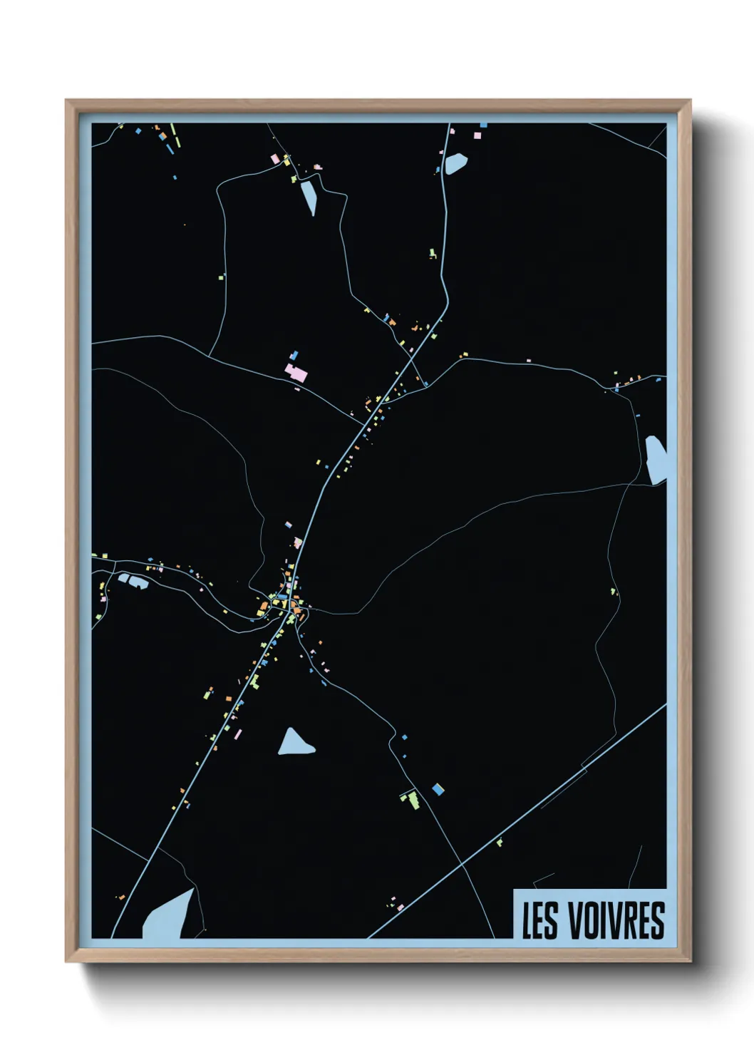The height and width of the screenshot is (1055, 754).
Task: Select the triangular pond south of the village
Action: point(294,743)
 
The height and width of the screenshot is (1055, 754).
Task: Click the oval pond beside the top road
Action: point(455,163)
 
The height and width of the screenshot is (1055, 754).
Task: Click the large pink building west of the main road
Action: point(296,372)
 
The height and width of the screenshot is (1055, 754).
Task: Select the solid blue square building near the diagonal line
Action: point(438,789)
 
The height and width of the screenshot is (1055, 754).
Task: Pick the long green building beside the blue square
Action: point(411,799)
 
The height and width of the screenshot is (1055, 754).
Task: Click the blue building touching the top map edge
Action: point(483,125)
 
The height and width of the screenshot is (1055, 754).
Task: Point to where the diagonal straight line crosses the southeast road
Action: point(462,864)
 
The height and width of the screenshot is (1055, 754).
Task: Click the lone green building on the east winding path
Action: point(613,591)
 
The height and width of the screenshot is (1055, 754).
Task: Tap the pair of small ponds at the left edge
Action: point(133,580)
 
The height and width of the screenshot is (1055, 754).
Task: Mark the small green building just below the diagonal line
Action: point(500,843)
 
